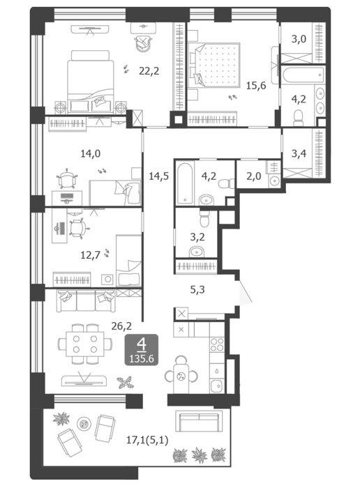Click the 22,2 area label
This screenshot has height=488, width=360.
(149, 71)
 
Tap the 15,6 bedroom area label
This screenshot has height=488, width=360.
(256, 85)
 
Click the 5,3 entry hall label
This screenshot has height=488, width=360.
(197, 290)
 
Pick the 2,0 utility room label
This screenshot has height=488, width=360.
(254, 176)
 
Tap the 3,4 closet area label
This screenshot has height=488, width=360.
(299, 153)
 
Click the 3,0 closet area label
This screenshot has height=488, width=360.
(299, 39)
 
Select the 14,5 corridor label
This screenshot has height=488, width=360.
(159, 176)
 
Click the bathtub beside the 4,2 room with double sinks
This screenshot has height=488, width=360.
(303, 75)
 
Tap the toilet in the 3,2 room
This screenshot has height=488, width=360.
(204, 219)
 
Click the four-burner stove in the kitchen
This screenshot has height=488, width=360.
(217, 344)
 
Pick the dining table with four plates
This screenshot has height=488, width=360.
(85, 344)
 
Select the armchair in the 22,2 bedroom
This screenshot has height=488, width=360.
(143, 43)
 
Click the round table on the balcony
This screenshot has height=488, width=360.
(84, 424)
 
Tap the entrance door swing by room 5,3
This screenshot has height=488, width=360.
(245, 291)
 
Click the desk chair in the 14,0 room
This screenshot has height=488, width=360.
(67, 179)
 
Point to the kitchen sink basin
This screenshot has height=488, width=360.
(216, 386)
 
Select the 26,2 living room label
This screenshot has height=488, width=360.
(121, 326)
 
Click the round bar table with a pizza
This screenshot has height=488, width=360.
(181, 376)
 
